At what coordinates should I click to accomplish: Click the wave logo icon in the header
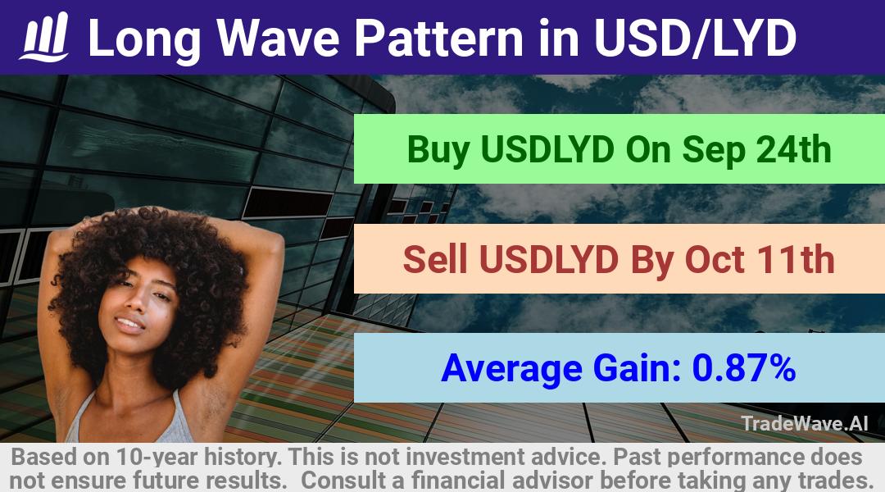pyautogui.click(x=44, y=37)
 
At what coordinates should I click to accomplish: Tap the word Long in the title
pyautogui.click(x=144, y=38)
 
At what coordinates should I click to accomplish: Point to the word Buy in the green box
pyautogui.click(x=438, y=150)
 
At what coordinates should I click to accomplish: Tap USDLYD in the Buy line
pyautogui.click(x=547, y=150)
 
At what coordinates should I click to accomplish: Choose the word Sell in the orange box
pyautogui.click(x=435, y=259)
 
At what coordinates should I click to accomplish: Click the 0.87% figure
pyautogui.click(x=744, y=367)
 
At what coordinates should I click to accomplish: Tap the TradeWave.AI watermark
pyautogui.click(x=805, y=423)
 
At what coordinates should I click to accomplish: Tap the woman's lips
pyautogui.click(x=129, y=325)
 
